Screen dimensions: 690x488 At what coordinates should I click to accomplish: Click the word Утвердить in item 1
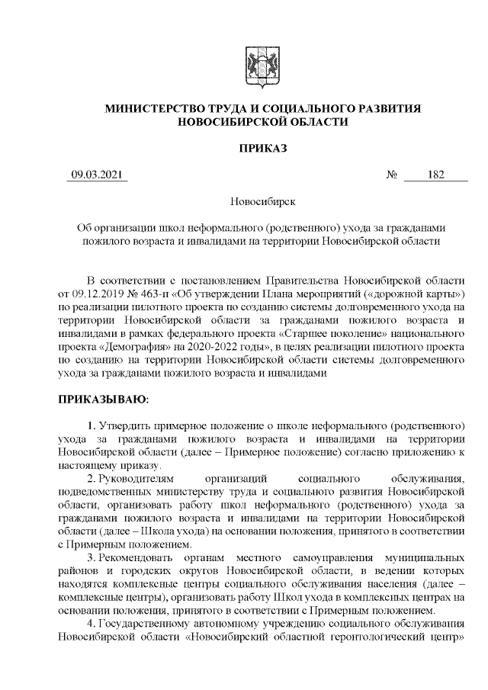(128, 424)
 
